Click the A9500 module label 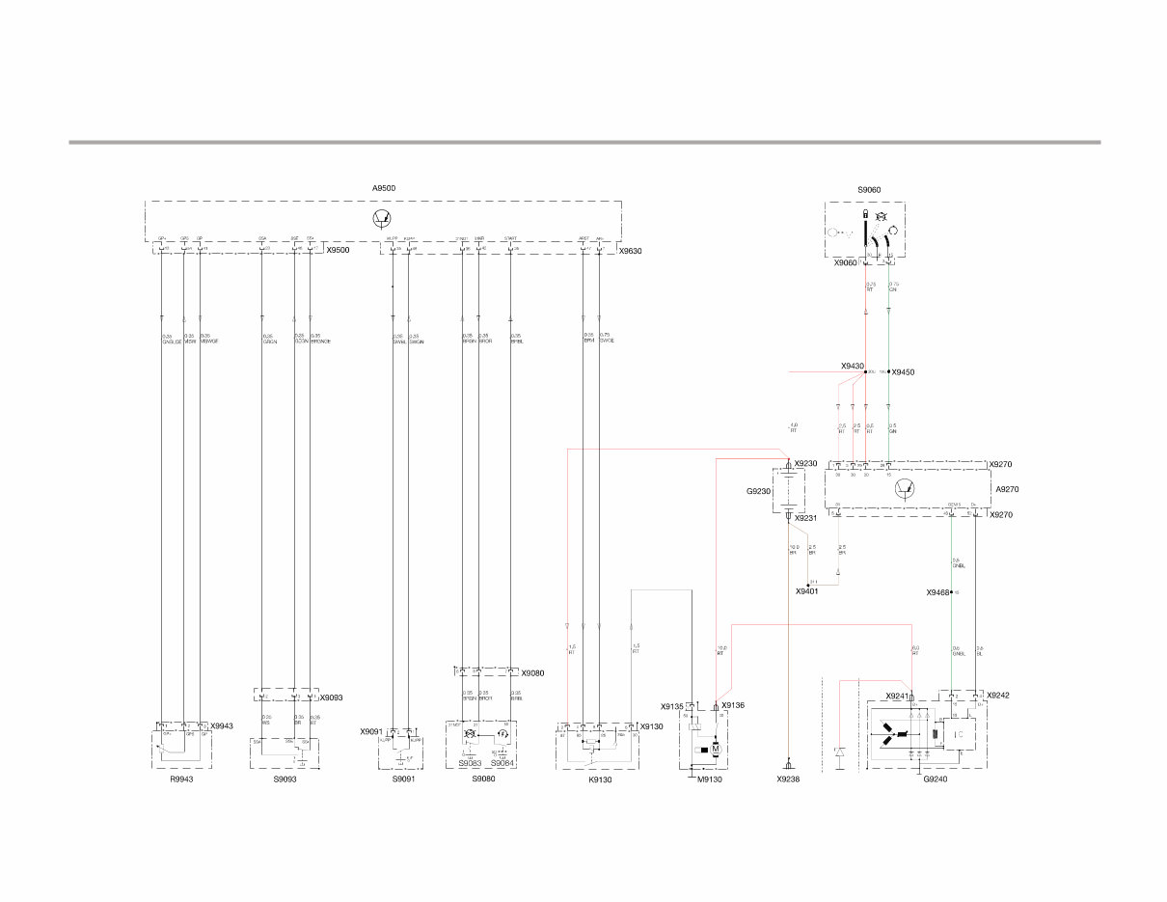pos(383,188)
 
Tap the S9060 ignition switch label pos(868,190)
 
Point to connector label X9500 pos(338,251)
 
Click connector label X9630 pos(630,251)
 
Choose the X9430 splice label pos(852,367)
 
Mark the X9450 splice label pos(903,371)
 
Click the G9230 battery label pos(759,491)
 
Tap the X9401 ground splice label pos(807,591)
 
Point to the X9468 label pos(938,592)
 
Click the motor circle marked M pos(716,749)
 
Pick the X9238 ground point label pos(788,779)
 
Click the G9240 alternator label pos(935,779)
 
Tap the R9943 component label pos(180,779)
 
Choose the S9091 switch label pos(404,779)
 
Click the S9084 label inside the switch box pos(502,763)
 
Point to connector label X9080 pos(532,673)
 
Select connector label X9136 pos(734,705)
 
